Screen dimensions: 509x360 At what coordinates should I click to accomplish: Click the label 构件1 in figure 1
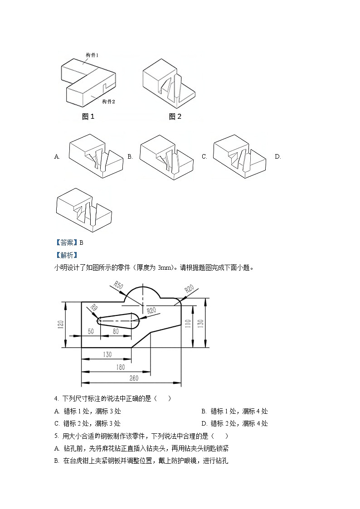tap(92, 55)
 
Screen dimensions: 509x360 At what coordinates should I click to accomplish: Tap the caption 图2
tap(175, 116)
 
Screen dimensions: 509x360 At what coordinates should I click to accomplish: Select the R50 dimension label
tap(118, 286)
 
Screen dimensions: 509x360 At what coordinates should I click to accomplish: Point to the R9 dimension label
tap(94, 308)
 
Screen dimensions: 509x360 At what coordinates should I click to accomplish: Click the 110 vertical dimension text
tap(188, 324)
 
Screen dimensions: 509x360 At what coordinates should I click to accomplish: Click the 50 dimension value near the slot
tap(91, 331)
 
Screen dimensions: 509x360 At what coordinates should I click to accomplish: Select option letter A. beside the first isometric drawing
tap(57, 157)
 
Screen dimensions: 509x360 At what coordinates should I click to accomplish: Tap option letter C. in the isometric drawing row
tap(204, 157)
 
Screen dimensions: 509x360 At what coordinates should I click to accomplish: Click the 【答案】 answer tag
tap(66, 242)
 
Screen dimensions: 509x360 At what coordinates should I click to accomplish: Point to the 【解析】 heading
tap(66, 255)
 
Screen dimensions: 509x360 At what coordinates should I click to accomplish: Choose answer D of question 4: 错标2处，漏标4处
tap(235, 423)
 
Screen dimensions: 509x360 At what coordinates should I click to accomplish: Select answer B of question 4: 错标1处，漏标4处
tap(235, 411)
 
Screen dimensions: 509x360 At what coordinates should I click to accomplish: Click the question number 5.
tap(56, 436)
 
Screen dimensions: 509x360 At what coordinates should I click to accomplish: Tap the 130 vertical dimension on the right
tap(200, 323)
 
